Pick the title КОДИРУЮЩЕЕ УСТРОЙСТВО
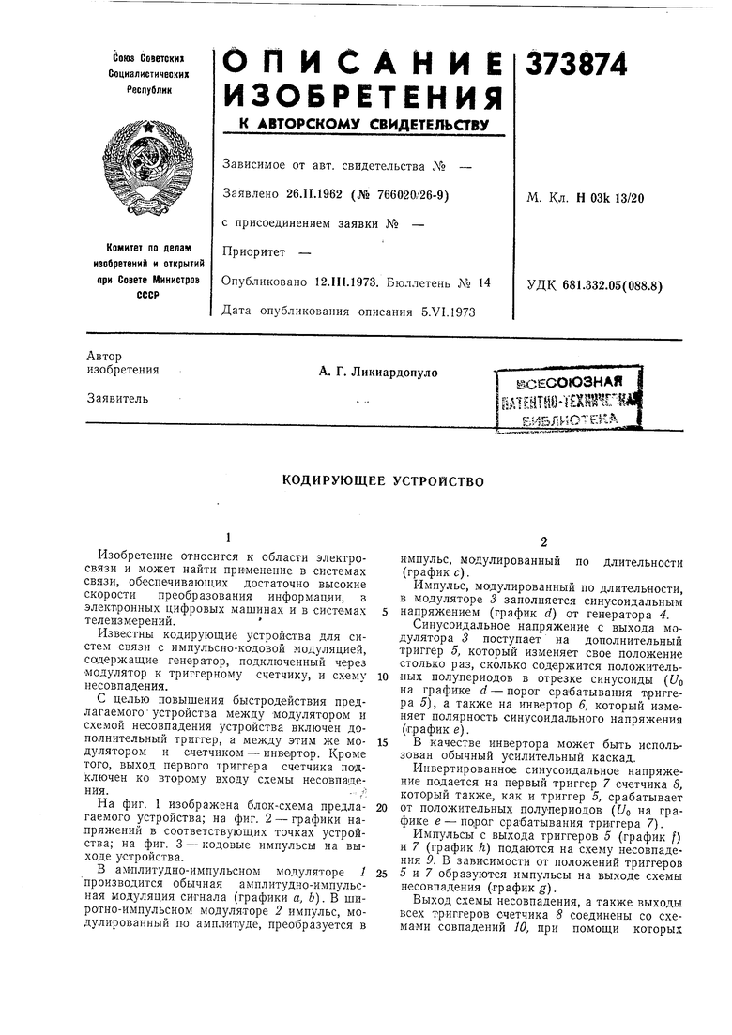[383, 481]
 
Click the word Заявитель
[118, 398]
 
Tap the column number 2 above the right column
[542, 542]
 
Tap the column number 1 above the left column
[227, 538]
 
